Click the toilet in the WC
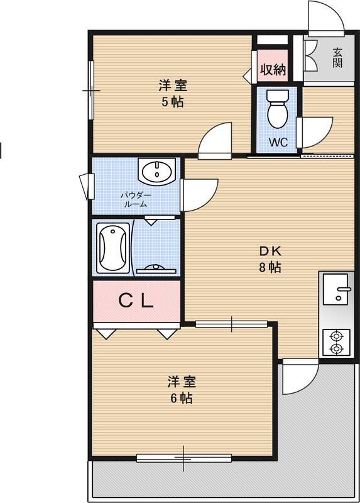click(x=278, y=108)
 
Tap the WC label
click(x=278, y=142)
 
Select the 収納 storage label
click(x=273, y=69)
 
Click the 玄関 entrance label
click(x=337, y=58)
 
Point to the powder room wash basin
click(x=157, y=172)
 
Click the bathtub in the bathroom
click(x=113, y=248)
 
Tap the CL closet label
click(x=136, y=301)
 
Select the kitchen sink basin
click(x=335, y=289)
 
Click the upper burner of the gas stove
click(x=336, y=336)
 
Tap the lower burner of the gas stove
click(x=336, y=348)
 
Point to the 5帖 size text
click(x=173, y=102)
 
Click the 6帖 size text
click(x=181, y=398)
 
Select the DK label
click(x=270, y=251)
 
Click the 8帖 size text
click(x=270, y=267)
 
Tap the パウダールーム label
click(x=136, y=199)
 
